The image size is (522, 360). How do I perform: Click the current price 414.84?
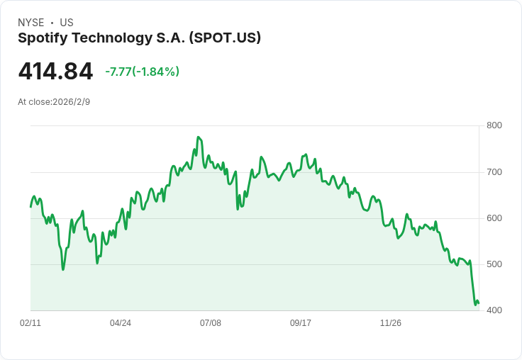(55, 72)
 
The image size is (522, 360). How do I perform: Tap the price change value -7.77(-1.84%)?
(142, 72)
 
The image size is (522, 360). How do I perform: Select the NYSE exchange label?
(30, 23)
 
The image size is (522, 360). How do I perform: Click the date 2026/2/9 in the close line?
(71, 102)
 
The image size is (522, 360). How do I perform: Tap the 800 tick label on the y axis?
(494, 126)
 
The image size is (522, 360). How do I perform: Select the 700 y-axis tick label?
(494, 172)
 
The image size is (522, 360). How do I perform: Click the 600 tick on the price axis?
(494, 218)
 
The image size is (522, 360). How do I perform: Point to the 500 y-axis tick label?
(494, 264)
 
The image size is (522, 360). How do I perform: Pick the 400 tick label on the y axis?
(494, 310)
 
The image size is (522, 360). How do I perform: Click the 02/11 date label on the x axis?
(30, 323)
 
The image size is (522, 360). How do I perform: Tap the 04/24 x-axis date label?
(121, 323)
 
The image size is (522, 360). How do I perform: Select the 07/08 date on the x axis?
(211, 323)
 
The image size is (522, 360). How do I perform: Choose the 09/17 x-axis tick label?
(301, 323)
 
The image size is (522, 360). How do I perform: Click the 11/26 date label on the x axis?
(391, 323)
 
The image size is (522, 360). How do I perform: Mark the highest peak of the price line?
(198, 137)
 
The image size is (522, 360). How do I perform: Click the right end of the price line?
(479, 304)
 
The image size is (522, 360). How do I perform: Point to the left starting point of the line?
(30, 206)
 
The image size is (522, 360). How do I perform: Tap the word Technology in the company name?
(109, 38)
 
